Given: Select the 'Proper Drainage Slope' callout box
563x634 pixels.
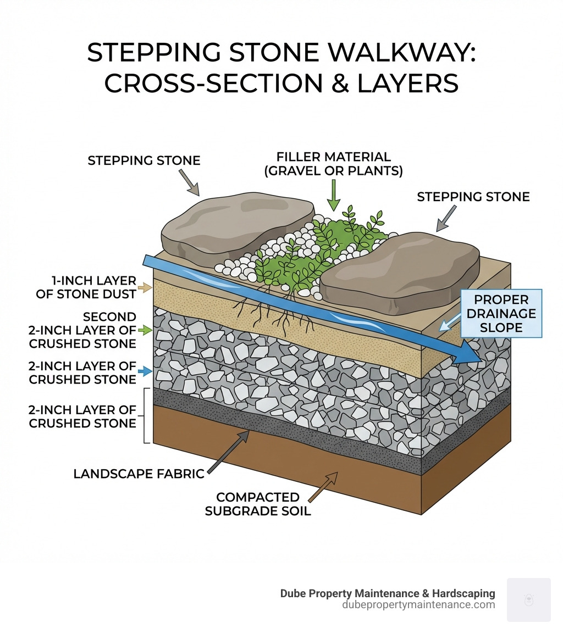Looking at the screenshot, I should pyautogui.click(x=501, y=313).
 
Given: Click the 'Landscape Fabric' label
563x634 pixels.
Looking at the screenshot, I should pyautogui.click(x=139, y=474).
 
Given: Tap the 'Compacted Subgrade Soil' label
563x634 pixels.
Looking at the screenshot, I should pyautogui.click(x=258, y=504).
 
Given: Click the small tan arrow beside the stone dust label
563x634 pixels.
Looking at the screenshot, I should pyautogui.click(x=146, y=287).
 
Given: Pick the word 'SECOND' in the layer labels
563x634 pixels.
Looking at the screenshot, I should pyautogui.click(x=109, y=317).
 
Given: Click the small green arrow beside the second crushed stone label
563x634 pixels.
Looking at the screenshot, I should pyautogui.click(x=146, y=330).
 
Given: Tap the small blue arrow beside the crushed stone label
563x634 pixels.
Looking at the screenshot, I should pyautogui.click(x=146, y=372).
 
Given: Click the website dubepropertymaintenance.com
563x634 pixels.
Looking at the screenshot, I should pyautogui.click(x=418, y=605).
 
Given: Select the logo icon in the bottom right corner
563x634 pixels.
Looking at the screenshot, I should pyautogui.click(x=528, y=599).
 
